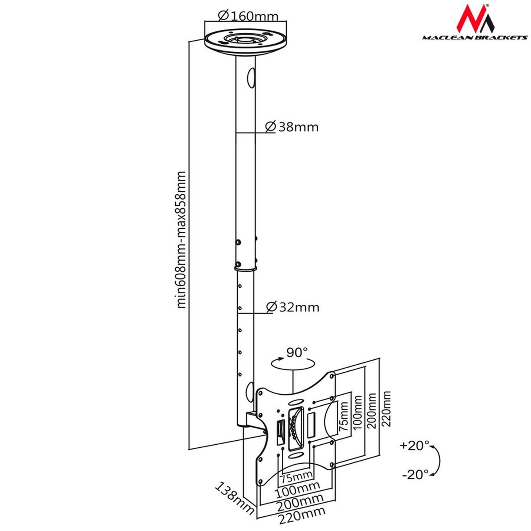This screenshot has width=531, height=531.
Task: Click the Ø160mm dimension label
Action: (248, 16)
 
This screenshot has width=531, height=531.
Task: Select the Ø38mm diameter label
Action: (292, 127)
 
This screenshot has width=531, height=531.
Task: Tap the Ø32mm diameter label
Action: (293, 307)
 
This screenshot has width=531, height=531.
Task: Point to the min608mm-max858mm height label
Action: (182, 239)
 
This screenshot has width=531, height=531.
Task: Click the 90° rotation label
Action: (297, 353)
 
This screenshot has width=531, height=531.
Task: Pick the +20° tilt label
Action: (414, 445)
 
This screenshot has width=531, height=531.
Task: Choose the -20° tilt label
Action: (416, 474)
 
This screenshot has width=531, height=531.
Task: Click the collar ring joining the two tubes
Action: (245, 267)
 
